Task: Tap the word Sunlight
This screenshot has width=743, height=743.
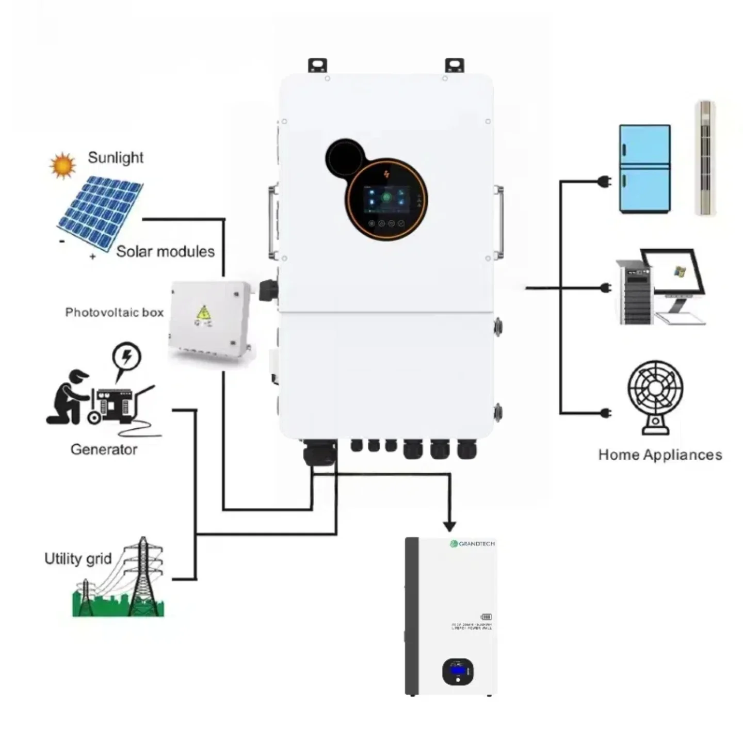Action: click(116, 157)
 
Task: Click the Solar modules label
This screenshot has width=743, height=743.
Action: click(165, 251)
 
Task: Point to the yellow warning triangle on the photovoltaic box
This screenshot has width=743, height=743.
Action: click(204, 313)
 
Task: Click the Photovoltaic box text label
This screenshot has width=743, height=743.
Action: click(114, 312)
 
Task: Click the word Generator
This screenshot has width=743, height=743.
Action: click(104, 449)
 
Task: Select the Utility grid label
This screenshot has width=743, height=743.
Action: click(78, 559)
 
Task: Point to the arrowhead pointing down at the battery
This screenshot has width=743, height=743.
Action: click(449, 526)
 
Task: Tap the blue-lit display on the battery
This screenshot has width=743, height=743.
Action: click(457, 671)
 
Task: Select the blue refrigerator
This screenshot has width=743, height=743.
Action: click(644, 169)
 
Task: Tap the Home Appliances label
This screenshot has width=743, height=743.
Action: click(660, 455)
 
